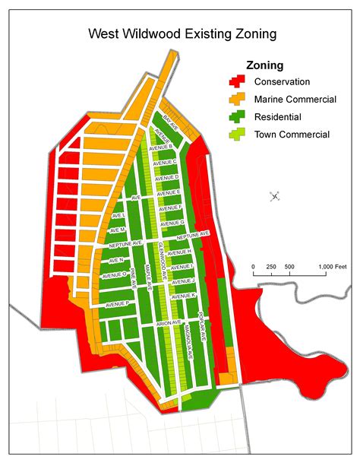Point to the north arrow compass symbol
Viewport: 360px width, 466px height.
pyautogui.click(x=275, y=197)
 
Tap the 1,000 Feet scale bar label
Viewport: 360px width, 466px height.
pyautogui.click(x=331, y=266)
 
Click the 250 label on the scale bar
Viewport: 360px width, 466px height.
pyautogui.click(x=271, y=266)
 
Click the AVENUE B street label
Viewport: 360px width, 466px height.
pyautogui.click(x=162, y=146)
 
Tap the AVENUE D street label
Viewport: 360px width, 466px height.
pyautogui.click(x=166, y=178)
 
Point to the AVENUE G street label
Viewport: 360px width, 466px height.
pyautogui.click(x=172, y=222)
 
